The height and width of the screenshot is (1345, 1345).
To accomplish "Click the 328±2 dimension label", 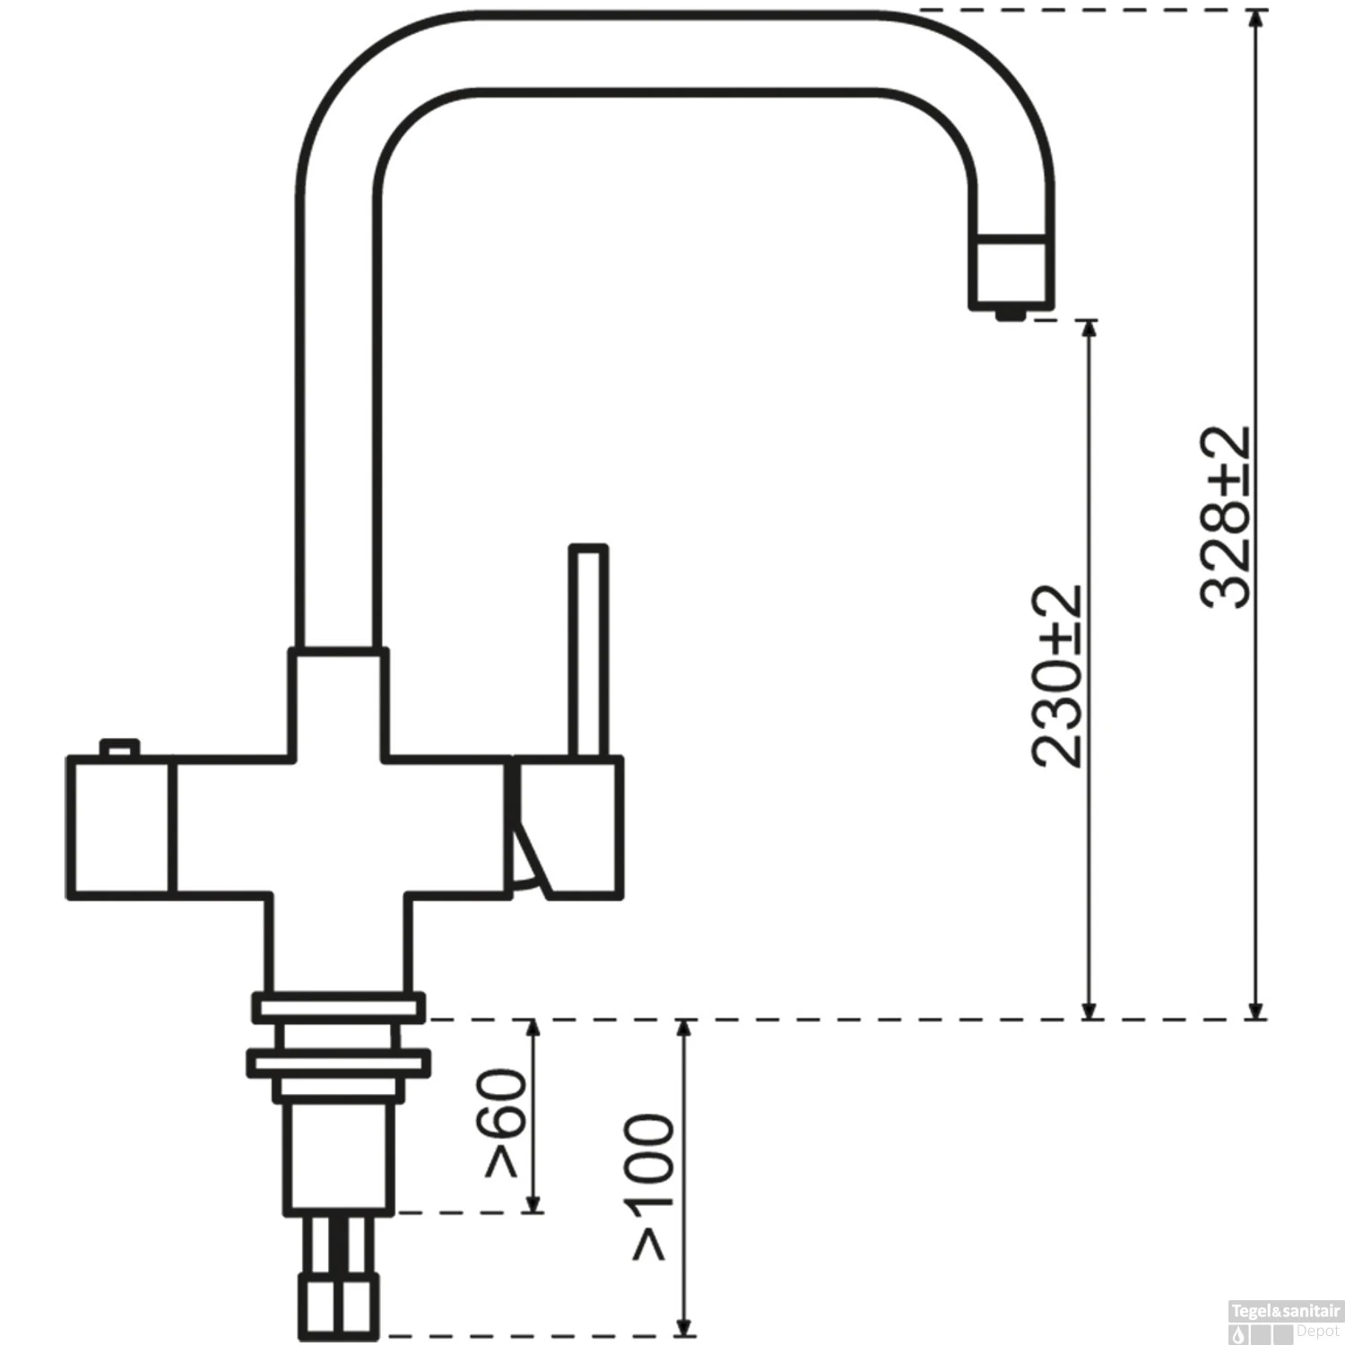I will coord(1226,518).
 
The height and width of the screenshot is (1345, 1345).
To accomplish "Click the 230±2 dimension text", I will coord(1058,677).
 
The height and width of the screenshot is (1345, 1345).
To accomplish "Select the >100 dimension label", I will coord(653,1188).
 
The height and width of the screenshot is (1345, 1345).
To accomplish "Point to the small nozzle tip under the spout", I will coord(1011,312).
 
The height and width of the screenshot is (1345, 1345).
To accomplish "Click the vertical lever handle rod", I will coord(589,650).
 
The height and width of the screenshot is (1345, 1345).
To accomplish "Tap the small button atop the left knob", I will coord(120,747).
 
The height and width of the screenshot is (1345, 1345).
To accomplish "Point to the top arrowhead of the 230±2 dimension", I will coord(1089,328).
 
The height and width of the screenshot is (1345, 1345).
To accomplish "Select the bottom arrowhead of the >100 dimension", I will coord(685,1325).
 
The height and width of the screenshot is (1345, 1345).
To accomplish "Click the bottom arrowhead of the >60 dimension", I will coord(534,1203).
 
